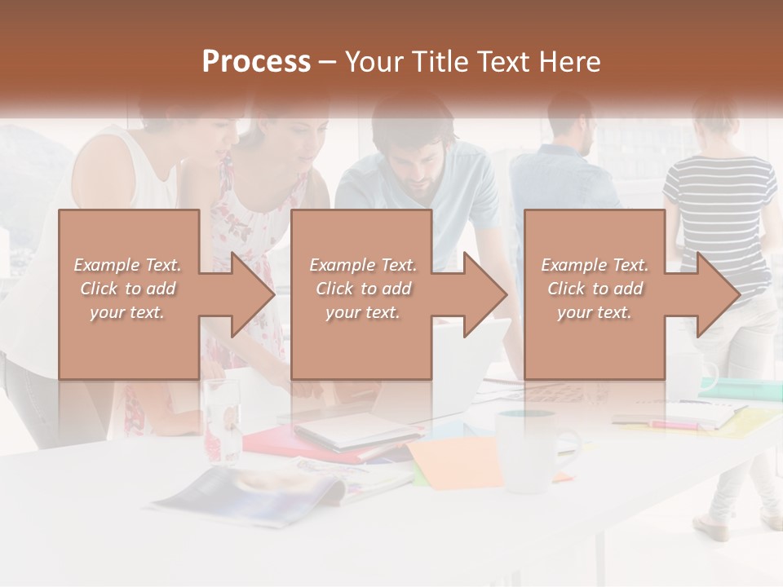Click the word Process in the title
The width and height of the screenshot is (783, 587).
pos(256,62)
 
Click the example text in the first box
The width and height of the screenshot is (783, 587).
pos(127,288)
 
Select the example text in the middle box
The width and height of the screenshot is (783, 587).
pos(363,288)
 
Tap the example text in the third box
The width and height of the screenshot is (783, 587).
pos(595,288)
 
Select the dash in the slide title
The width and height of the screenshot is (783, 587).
pos(328,62)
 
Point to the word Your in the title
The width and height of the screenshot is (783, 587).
pos(374,62)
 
